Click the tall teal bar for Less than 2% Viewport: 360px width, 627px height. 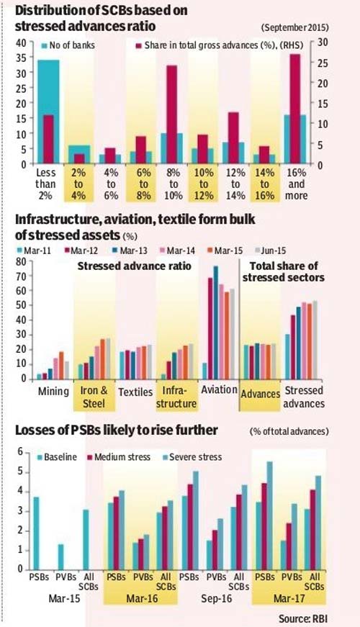point(48,112)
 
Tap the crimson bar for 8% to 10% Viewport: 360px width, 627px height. point(171,114)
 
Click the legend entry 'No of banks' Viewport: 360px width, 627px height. point(68,45)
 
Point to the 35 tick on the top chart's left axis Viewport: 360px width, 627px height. point(21,58)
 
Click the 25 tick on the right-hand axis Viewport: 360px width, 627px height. point(323,63)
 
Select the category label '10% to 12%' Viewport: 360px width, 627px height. point(204,184)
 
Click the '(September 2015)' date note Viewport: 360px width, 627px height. point(295,27)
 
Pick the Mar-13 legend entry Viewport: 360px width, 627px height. point(130,251)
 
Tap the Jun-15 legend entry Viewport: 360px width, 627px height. point(271,251)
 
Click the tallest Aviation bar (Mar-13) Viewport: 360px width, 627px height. point(215,322)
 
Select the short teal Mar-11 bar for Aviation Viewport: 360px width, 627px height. point(205,371)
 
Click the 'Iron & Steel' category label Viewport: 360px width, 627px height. point(94,397)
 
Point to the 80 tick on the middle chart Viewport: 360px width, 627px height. point(21,262)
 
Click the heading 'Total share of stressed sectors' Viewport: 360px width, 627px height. point(284,272)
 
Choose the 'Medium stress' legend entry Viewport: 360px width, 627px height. point(120,457)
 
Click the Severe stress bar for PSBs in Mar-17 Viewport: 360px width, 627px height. point(269,515)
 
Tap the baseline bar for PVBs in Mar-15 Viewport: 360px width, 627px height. point(60,556)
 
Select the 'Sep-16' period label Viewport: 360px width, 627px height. point(216,599)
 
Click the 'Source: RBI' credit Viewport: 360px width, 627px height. point(302,619)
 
